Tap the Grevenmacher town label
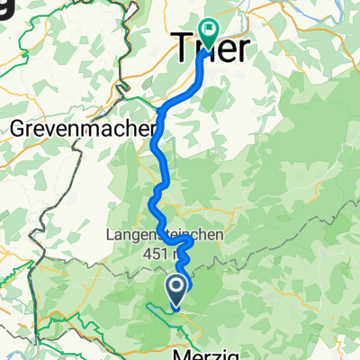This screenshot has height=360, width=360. click(80, 130)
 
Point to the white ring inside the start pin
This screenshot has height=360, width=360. click(176, 287)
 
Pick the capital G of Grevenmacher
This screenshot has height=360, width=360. click(20, 130)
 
